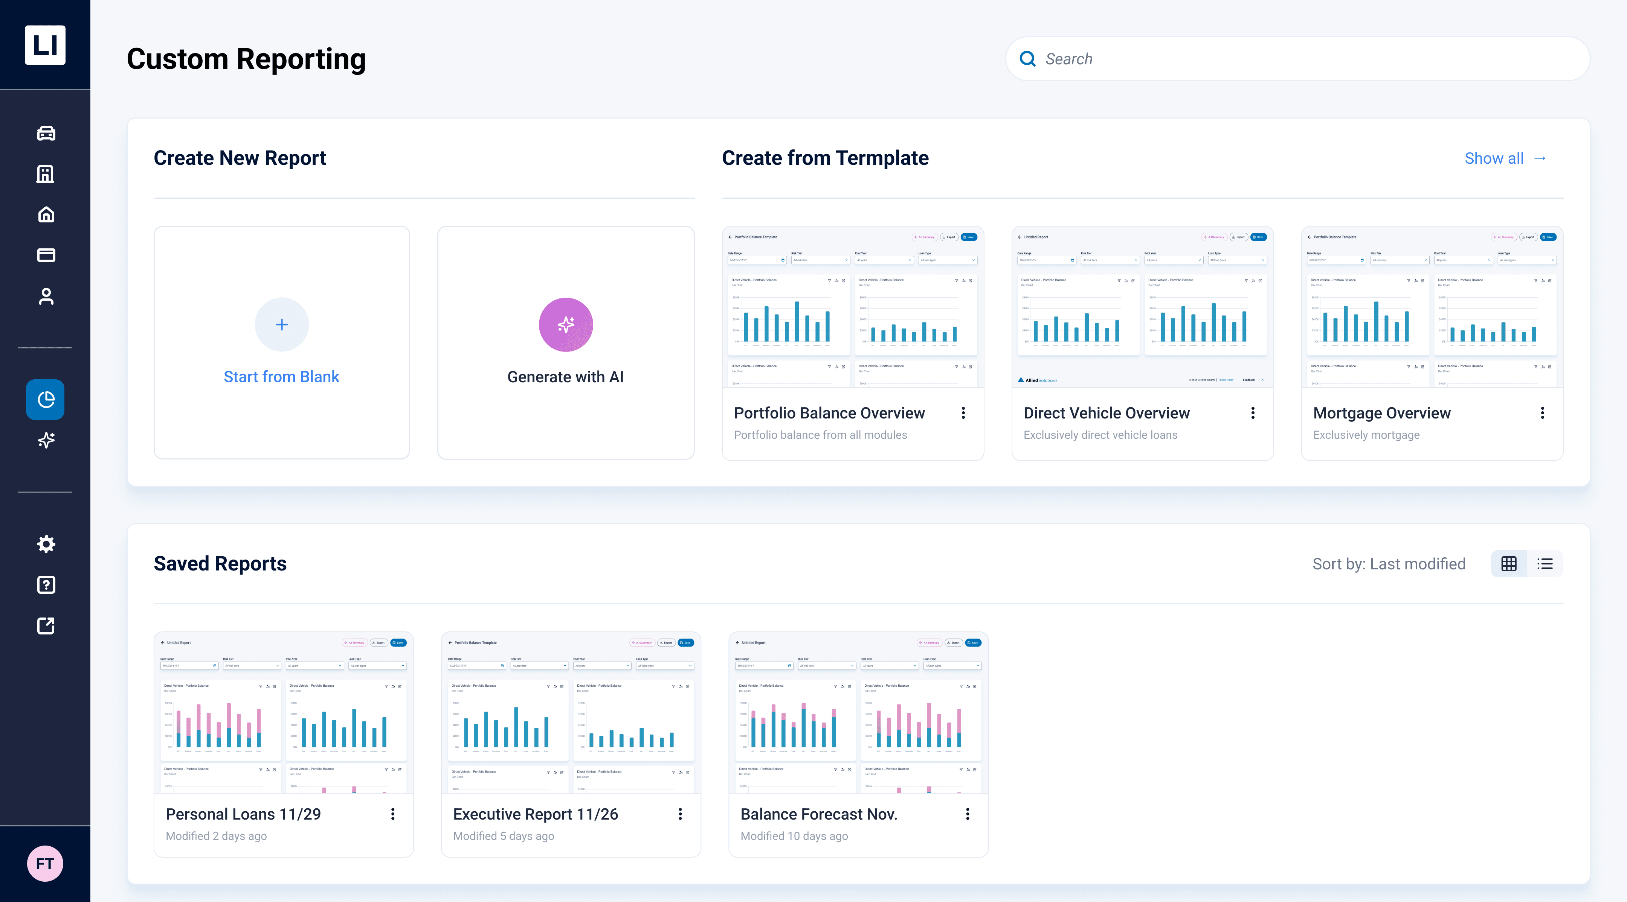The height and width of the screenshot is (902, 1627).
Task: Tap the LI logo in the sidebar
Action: [x=45, y=45]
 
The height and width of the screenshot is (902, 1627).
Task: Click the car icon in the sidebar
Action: [x=46, y=133]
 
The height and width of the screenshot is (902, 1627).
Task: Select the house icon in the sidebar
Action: [x=46, y=214]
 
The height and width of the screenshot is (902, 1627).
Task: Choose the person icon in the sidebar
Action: [x=46, y=296]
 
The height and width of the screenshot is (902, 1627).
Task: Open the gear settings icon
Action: [x=46, y=544]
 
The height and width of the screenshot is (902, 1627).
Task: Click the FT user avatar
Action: [x=45, y=864]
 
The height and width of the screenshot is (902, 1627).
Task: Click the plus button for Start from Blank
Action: [x=282, y=324]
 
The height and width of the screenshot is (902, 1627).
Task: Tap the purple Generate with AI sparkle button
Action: [x=565, y=324]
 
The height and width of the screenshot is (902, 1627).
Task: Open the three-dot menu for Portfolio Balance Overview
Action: [x=963, y=413]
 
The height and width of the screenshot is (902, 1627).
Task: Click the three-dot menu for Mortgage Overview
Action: [x=1542, y=413]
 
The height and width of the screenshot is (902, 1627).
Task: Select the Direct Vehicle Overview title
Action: [x=1107, y=413]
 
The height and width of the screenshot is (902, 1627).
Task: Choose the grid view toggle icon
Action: [x=1509, y=564]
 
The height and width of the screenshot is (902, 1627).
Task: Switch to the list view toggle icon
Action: [x=1545, y=564]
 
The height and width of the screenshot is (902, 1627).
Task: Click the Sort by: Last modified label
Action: [x=1389, y=564]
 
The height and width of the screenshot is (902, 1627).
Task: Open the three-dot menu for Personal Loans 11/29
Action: [x=393, y=814]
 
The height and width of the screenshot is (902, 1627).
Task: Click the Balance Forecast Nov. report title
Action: [x=818, y=814]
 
